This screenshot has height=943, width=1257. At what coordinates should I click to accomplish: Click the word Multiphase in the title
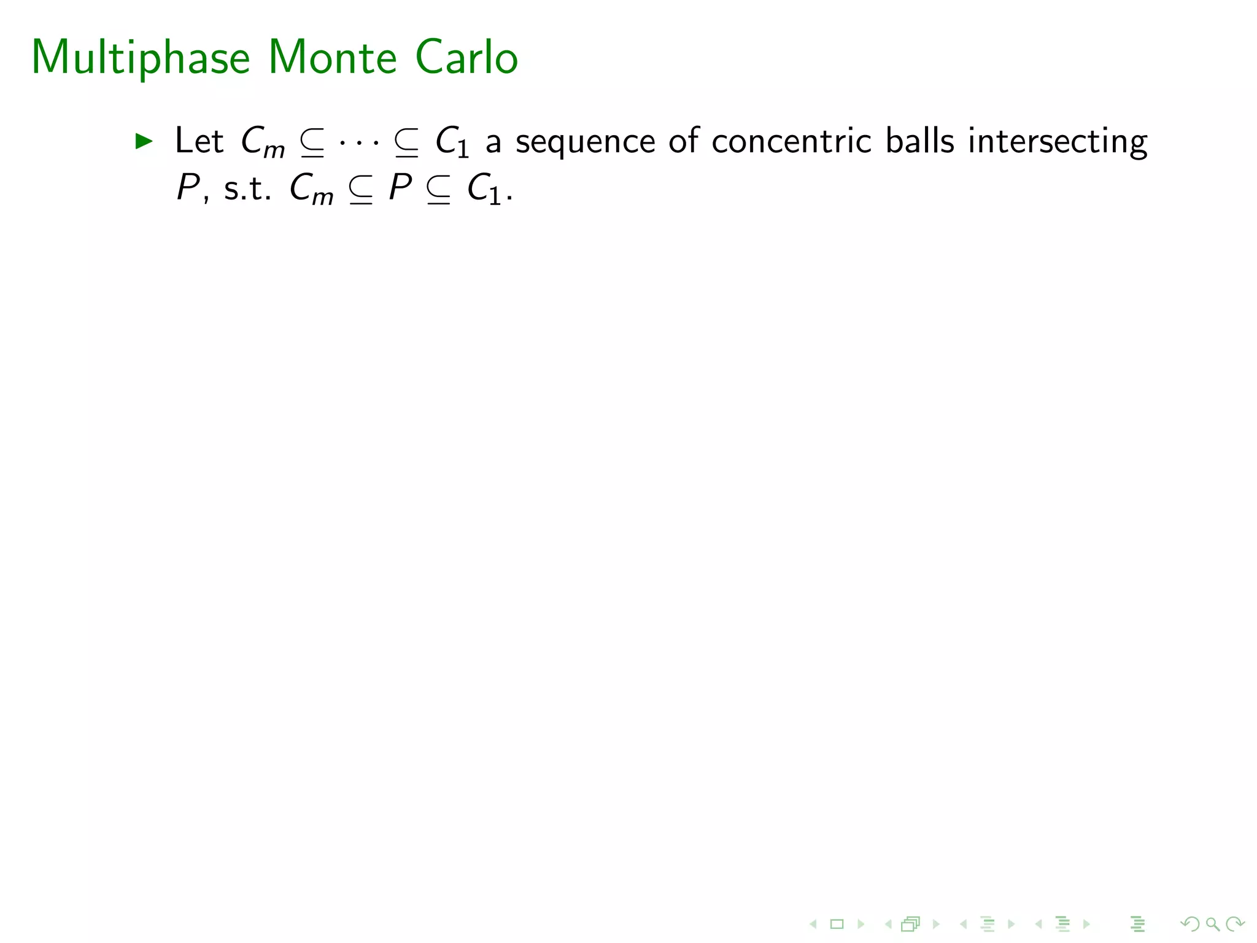tap(141, 58)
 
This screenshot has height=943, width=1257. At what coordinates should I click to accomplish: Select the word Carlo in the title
tap(466, 58)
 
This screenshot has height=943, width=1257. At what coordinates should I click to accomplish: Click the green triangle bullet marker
tap(144, 141)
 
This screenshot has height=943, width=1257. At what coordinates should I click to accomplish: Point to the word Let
tap(199, 141)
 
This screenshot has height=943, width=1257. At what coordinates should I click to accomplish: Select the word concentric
tap(791, 141)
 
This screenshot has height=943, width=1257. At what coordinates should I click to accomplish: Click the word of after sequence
tap(683, 141)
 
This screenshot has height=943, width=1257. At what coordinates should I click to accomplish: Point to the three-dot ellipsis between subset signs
tap(359, 144)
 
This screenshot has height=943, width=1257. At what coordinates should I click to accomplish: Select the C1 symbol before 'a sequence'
tap(452, 142)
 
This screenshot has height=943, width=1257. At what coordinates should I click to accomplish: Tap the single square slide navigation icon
tap(837, 924)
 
